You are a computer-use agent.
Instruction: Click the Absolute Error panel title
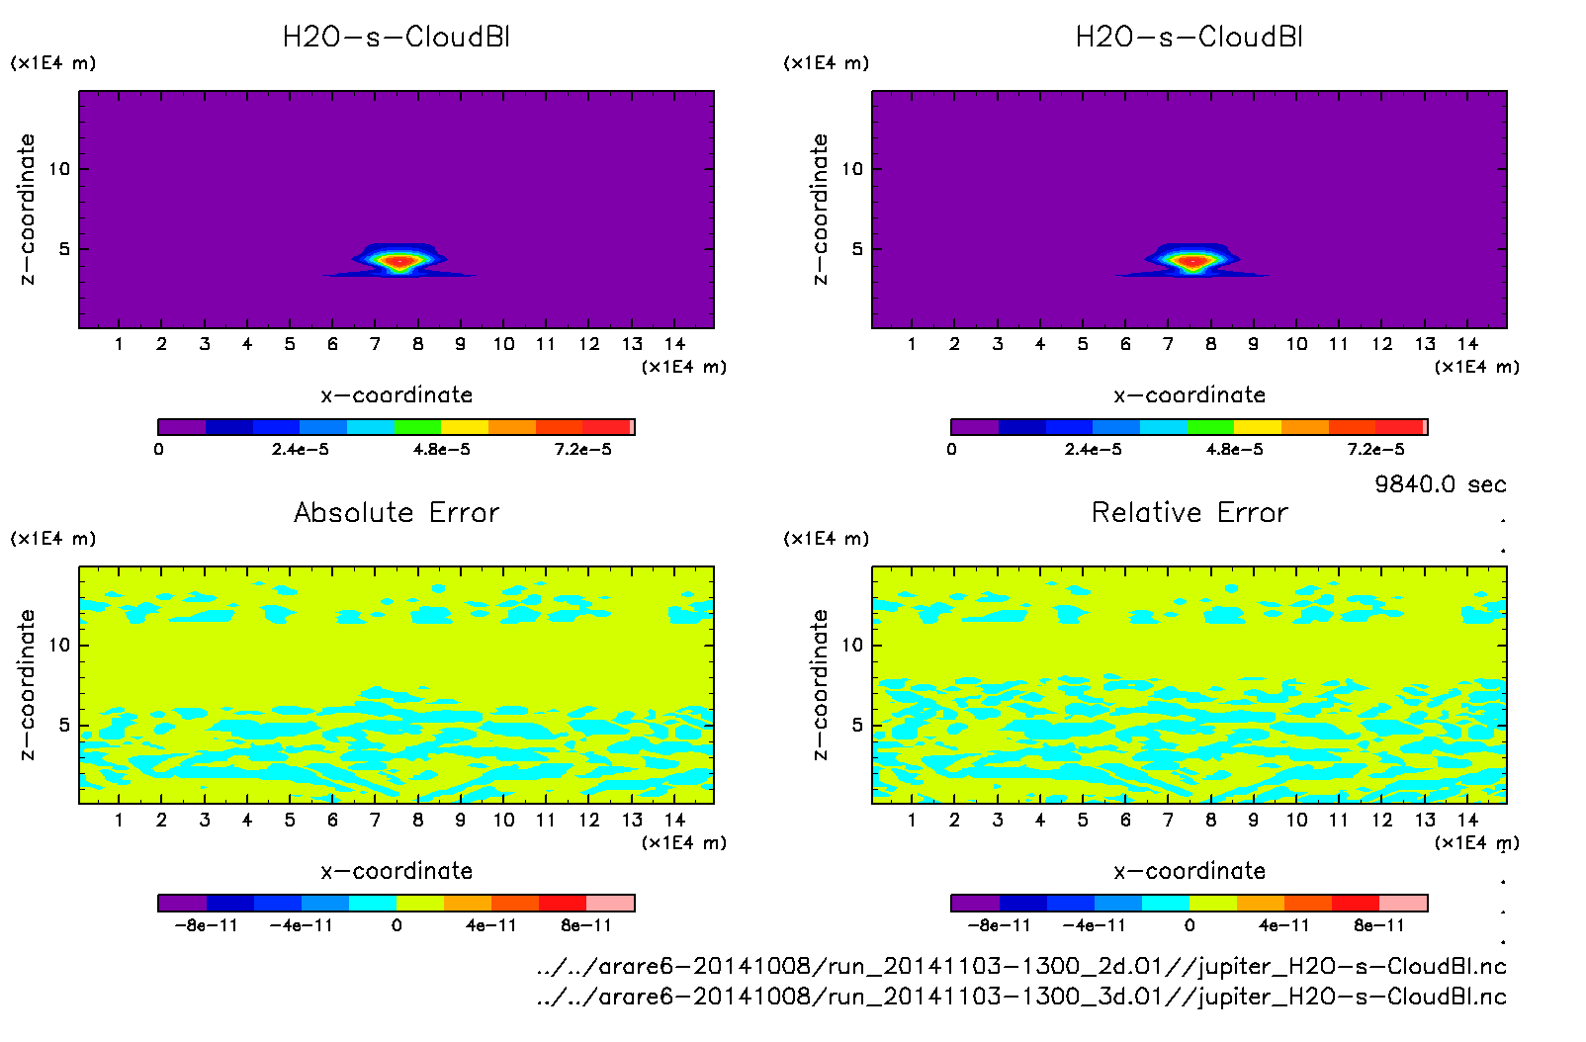tap(396, 512)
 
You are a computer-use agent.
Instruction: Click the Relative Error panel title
tap(1189, 512)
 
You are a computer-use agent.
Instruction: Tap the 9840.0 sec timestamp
tap(1440, 484)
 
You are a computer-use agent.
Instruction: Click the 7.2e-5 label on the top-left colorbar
tap(582, 450)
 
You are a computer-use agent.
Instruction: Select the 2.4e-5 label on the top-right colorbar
tap(1093, 450)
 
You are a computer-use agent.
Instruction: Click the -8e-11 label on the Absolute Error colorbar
tap(206, 926)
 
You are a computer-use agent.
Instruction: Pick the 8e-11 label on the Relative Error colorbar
tap(1378, 926)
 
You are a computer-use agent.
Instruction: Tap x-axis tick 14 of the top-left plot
tap(674, 344)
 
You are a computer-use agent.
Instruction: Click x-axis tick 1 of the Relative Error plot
tap(912, 820)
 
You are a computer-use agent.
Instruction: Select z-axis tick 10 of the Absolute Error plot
tap(59, 645)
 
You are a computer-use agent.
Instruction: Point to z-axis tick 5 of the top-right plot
tap(857, 249)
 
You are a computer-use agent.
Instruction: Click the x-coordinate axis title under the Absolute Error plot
tap(396, 871)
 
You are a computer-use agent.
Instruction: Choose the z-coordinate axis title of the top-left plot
tap(27, 210)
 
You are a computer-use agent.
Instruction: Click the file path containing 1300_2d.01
tap(1021, 966)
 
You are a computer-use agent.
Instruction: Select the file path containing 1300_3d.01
tap(1021, 996)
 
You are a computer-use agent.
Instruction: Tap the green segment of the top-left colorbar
tap(417, 427)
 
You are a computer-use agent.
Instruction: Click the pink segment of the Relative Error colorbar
tap(1403, 903)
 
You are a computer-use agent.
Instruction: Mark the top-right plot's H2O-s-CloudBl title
tap(1189, 38)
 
